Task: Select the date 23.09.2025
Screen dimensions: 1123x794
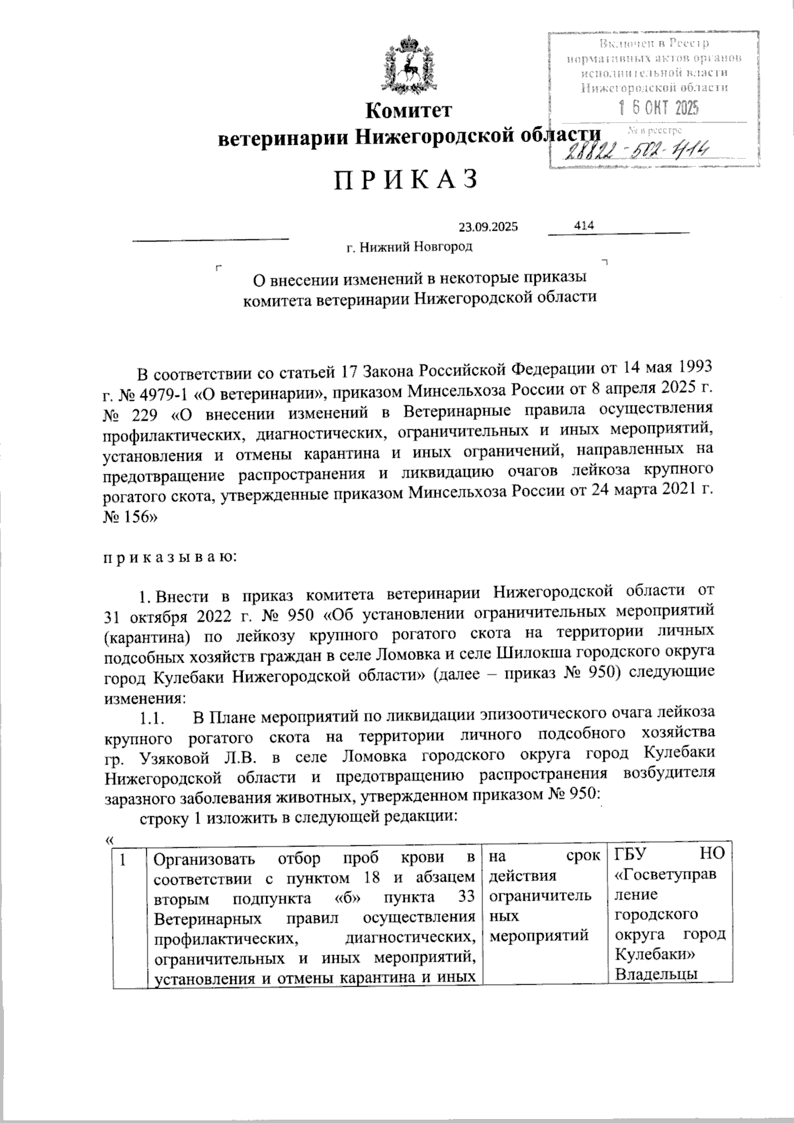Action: tap(488, 228)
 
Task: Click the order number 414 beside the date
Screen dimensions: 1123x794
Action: tap(584, 226)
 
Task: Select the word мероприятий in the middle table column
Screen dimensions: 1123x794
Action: tap(538, 936)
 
